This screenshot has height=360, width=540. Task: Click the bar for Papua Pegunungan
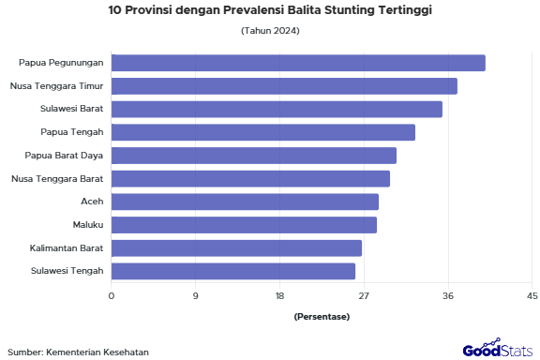click(x=298, y=63)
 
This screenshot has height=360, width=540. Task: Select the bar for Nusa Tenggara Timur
click(x=284, y=86)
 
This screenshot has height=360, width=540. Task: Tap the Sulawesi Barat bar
click(x=277, y=109)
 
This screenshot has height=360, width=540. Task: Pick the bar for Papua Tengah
click(x=263, y=132)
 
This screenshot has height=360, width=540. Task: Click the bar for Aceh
click(x=245, y=202)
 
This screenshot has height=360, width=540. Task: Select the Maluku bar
click(x=244, y=225)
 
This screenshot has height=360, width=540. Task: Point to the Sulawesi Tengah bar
click(x=233, y=271)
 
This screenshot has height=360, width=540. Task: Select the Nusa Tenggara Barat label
click(x=57, y=178)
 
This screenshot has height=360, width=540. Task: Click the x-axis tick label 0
click(x=112, y=296)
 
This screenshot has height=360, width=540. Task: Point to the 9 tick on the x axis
click(x=196, y=296)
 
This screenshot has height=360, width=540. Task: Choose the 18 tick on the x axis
click(x=279, y=296)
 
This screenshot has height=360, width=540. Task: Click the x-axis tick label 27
click(x=364, y=296)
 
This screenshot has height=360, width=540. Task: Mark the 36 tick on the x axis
click(x=448, y=296)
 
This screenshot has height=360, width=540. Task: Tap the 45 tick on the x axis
click(x=532, y=296)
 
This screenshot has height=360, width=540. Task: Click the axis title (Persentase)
click(x=322, y=317)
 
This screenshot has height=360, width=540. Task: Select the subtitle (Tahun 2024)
click(x=270, y=31)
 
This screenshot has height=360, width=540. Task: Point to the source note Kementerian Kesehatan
click(x=79, y=352)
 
